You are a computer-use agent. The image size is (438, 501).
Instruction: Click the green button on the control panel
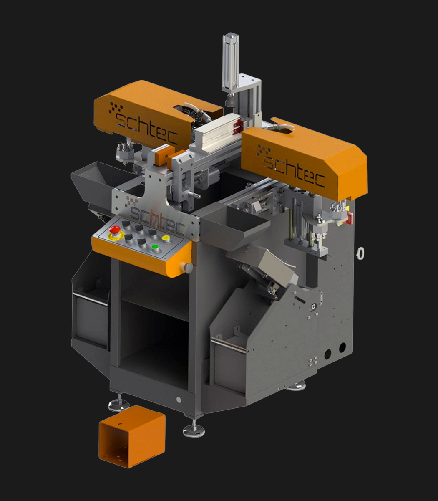(x=155, y=247)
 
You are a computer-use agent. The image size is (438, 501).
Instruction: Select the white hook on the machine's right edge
(x=360, y=253)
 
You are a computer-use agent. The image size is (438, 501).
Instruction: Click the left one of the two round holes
(x=327, y=353)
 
